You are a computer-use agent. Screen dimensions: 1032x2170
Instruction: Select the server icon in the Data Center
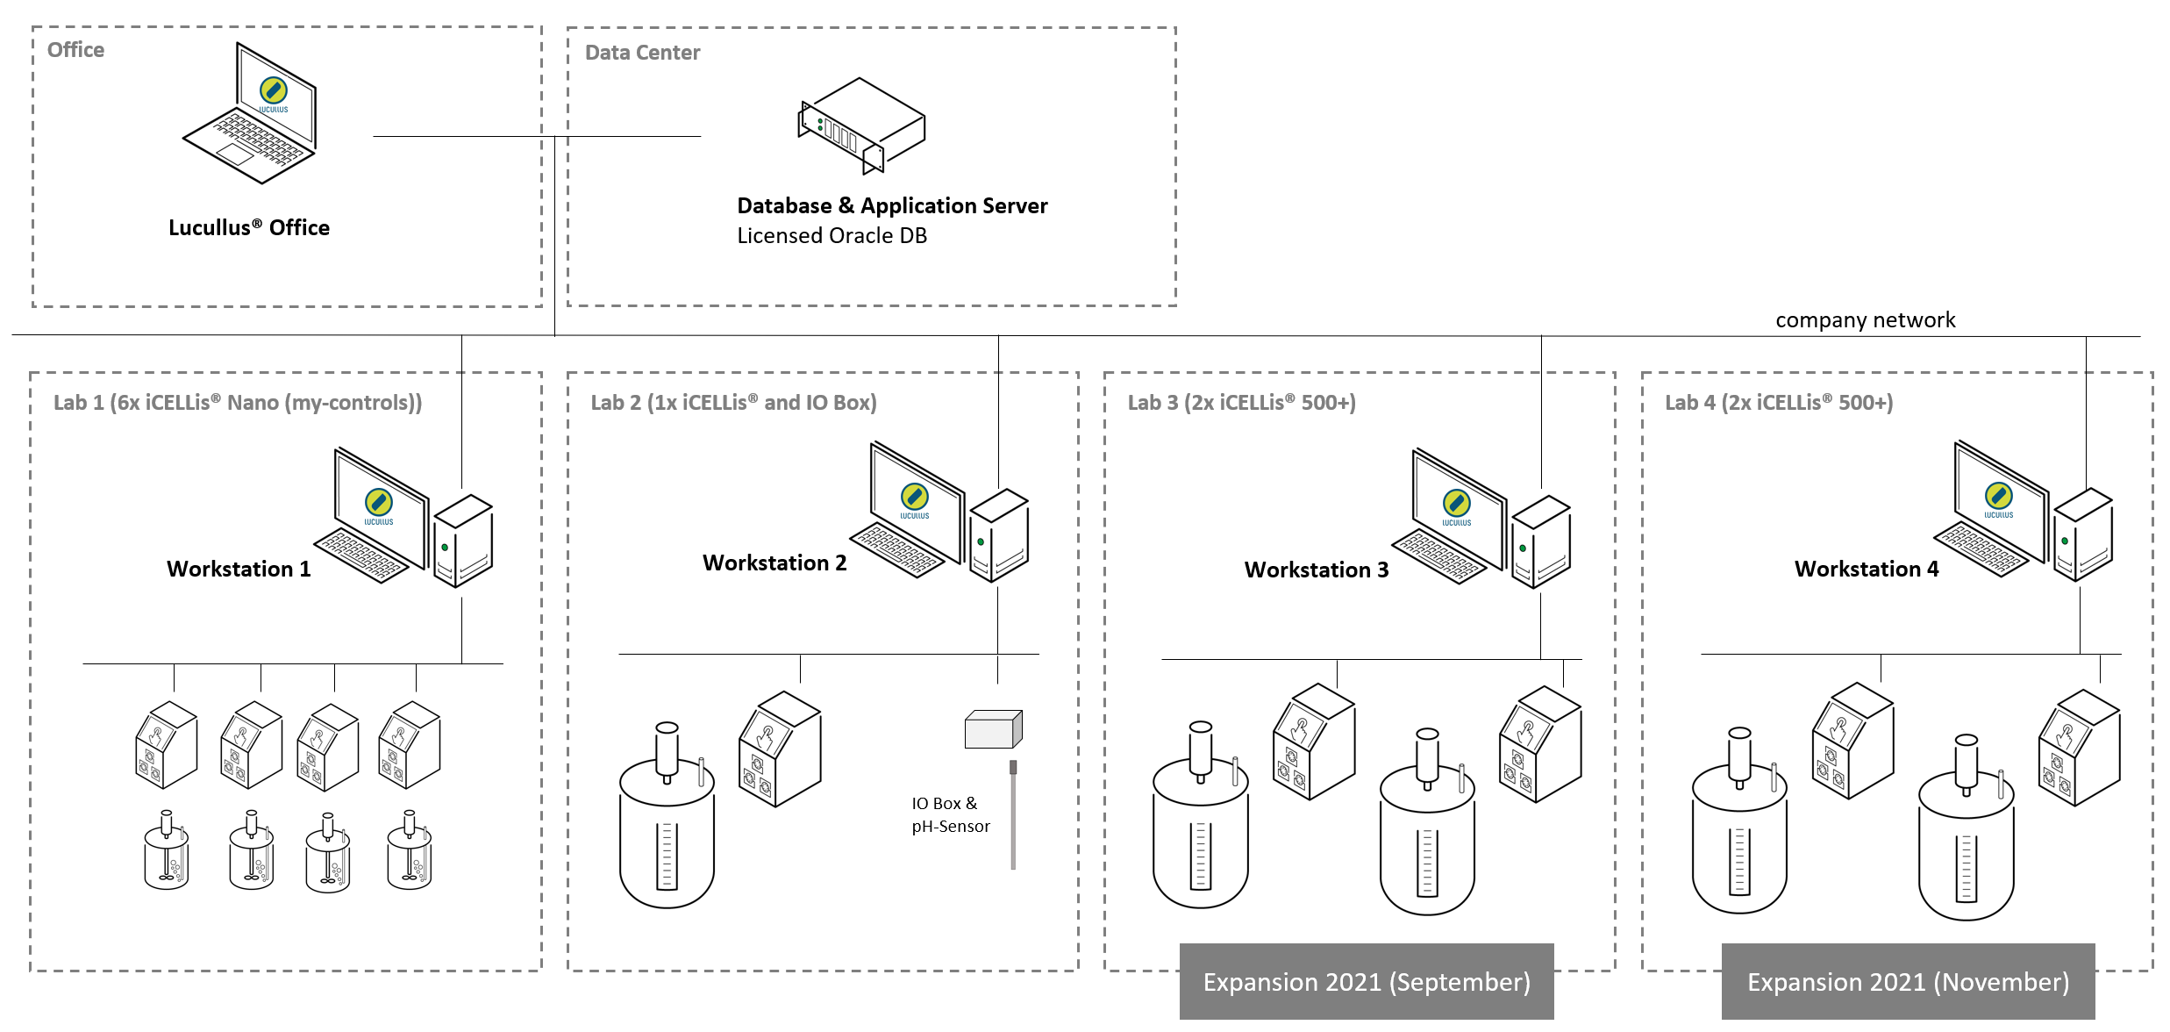click(861, 125)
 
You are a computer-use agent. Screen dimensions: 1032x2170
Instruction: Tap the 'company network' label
click(1865, 320)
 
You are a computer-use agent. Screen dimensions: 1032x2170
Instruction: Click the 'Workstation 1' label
click(239, 570)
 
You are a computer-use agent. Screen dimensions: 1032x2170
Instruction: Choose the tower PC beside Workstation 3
click(1541, 542)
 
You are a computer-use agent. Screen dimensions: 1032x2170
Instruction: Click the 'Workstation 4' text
click(1866, 570)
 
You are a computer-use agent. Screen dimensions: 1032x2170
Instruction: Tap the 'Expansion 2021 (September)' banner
click(1366, 982)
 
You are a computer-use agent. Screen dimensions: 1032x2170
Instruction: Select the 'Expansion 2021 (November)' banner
click(1908, 982)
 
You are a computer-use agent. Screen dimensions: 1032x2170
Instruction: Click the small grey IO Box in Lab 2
click(993, 729)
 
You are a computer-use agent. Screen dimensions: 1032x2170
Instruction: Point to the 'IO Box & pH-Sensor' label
click(950, 815)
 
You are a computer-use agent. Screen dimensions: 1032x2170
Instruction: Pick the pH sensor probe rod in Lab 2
click(1013, 816)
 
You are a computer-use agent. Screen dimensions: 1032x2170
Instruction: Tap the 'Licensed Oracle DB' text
click(832, 236)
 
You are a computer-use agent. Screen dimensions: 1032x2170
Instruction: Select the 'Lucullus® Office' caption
click(249, 228)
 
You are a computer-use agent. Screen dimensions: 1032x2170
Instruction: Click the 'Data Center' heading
click(642, 53)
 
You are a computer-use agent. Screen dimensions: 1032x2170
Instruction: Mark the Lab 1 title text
click(238, 403)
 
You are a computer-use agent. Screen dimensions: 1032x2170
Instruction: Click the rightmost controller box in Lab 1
click(410, 744)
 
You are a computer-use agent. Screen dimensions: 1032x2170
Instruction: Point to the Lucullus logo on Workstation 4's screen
click(1998, 496)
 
